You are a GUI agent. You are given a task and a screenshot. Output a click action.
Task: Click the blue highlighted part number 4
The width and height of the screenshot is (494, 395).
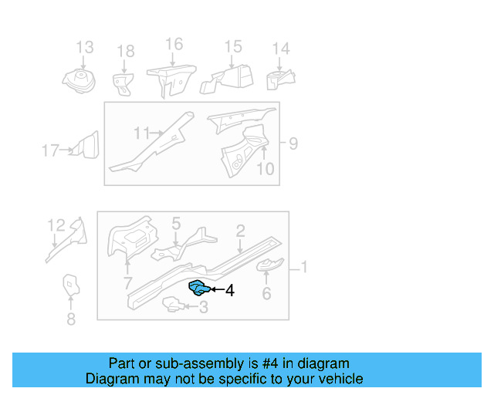pyautogui.click(x=199, y=289)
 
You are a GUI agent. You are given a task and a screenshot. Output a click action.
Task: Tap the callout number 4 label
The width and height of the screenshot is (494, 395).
pyautogui.click(x=229, y=291)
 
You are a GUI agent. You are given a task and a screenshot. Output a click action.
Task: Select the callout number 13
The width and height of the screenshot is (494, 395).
pyautogui.click(x=84, y=48)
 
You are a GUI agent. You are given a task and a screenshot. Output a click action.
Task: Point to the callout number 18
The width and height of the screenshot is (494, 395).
pyautogui.click(x=125, y=52)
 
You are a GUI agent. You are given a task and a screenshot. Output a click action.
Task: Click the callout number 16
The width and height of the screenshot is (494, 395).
pyautogui.click(x=174, y=44)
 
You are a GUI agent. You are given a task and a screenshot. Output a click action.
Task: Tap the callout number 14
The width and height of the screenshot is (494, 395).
pyautogui.click(x=280, y=49)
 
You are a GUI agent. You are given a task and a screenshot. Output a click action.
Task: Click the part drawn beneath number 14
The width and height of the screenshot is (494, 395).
pyautogui.click(x=279, y=79)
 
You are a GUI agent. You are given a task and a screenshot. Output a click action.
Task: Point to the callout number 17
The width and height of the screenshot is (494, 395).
pyautogui.click(x=50, y=150)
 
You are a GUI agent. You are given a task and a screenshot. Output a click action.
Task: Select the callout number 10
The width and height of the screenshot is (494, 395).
pyautogui.click(x=265, y=168)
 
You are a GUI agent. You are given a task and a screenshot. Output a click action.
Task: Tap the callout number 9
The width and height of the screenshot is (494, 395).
pyautogui.click(x=293, y=143)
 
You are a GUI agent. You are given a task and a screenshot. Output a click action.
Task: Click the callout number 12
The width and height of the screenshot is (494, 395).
pyautogui.click(x=56, y=225)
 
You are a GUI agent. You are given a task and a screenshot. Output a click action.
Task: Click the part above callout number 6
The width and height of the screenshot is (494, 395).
pyautogui.click(x=269, y=267)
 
